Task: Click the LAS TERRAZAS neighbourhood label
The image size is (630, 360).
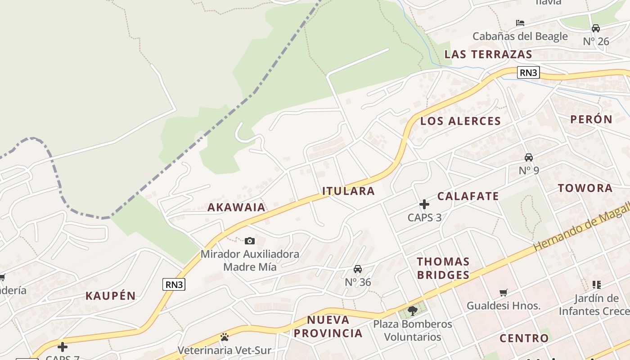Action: pyautogui.click(x=488, y=54)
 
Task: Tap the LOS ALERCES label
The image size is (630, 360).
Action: pyautogui.click(x=460, y=121)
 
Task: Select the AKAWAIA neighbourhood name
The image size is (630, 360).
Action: pyautogui.click(x=236, y=207)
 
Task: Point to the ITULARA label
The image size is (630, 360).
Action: pyautogui.click(x=349, y=191)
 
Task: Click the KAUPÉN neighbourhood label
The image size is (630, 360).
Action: pyautogui.click(x=111, y=296)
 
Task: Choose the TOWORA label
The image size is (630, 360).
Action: pyautogui.click(x=585, y=188)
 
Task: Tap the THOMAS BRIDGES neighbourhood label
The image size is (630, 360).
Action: pyautogui.click(x=443, y=268)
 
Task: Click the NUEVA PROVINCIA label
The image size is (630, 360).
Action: pyautogui.click(x=334, y=327)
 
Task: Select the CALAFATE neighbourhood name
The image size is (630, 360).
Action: pyautogui.click(x=468, y=196)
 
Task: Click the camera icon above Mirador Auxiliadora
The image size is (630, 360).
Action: pyautogui.click(x=250, y=241)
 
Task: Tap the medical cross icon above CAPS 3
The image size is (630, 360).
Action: pyautogui.click(x=424, y=204)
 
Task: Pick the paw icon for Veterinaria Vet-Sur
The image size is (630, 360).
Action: pyautogui.click(x=224, y=337)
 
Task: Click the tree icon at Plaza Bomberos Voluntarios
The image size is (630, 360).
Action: pyautogui.click(x=412, y=310)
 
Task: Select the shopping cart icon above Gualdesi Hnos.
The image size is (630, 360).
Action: pyautogui.click(x=504, y=293)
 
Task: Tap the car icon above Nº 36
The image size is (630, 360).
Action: pyautogui.click(x=358, y=269)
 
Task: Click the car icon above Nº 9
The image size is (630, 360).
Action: pyautogui.click(x=529, y=157)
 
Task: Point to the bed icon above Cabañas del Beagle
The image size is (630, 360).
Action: pyautogui.click(x=520, y=22)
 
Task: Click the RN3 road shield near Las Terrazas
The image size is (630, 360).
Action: pyautogui.click(x=528, y=72)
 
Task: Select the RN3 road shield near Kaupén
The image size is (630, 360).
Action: pyautogui.click(x=174, y=284)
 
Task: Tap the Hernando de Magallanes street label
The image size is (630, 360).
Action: pyautogui.click(x=580, y=227)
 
